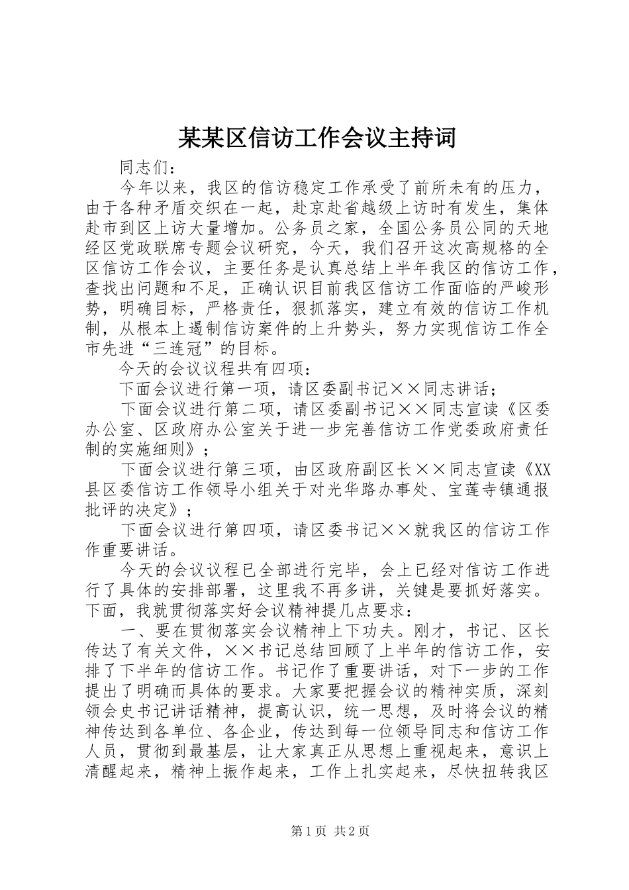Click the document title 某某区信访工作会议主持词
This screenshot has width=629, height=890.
point(316,138)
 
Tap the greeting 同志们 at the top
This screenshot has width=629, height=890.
point(144,168)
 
